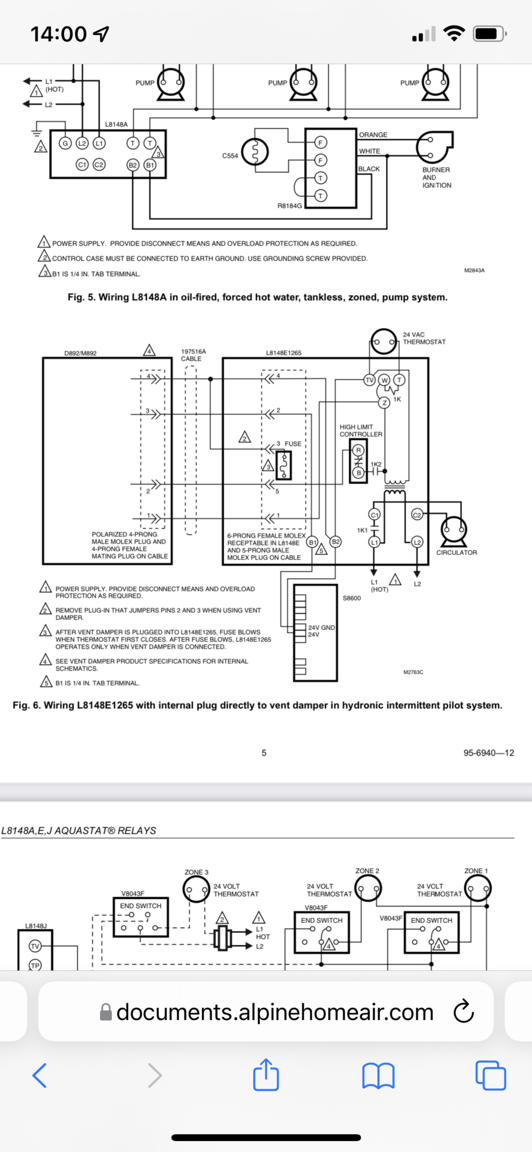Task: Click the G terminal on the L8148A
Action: point(65,143)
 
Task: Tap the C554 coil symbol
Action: point(255,152)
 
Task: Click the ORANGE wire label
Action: point(373,135)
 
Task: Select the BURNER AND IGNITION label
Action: point(437,178)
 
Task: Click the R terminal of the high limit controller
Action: point(359,450)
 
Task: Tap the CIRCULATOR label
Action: point(456,553)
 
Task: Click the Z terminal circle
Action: point(384,403)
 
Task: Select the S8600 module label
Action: point(352,598)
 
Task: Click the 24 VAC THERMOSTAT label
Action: point(424,338)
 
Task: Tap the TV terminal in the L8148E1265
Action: point(369,380)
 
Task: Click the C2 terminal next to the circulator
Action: point(417,514)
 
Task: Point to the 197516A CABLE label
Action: point(193,355)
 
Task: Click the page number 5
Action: point(264,753)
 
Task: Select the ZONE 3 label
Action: point(197,872)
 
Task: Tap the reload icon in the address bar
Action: point(464,1011)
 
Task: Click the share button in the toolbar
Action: point(266,1075)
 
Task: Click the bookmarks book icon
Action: point(378,1076)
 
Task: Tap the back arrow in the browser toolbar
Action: point(39,1075)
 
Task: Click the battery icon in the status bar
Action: point(489,34)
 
